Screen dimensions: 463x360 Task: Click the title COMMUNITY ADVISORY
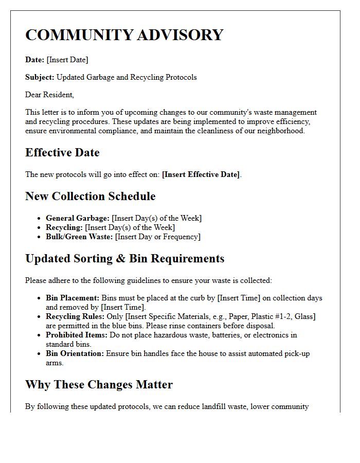tap(124, 35)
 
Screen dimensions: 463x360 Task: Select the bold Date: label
tap(35, 60)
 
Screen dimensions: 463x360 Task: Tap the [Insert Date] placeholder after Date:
tap(67, 60)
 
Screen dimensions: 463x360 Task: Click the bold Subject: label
tap(40, 77)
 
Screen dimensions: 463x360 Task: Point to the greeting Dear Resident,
tap(49, 95)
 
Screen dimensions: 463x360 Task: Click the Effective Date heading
tap(62, 153)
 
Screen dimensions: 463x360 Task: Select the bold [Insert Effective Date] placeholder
tap(201, 174)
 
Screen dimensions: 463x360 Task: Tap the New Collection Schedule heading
tap(90, 197)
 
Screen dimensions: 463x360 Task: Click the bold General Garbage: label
tap(77, 218)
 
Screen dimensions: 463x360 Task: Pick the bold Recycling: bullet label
tap(64, 227)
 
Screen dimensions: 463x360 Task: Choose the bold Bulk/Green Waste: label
tap(79, 237)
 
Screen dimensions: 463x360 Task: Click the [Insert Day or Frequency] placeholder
tap(158, 237)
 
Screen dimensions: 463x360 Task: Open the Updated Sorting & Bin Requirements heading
tap(124, 258)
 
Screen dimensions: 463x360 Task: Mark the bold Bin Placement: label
tap(73, 298)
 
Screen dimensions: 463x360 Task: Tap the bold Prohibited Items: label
tap(76, 335)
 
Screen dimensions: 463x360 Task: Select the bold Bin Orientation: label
tap(75, 353)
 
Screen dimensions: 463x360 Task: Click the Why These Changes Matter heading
tap(99, 385)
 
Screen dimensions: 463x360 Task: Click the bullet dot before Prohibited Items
tap(40, 335)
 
